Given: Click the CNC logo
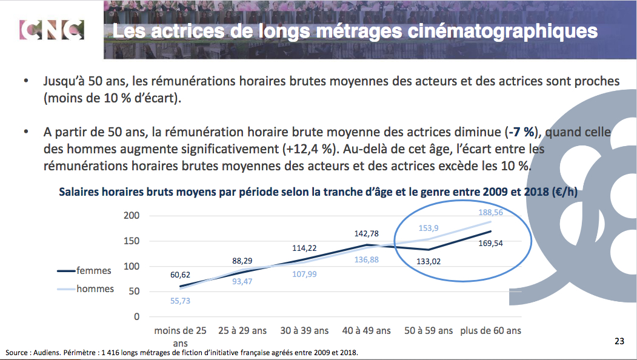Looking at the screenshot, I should (52, 30).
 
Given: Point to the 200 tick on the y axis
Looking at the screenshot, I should (132, 216).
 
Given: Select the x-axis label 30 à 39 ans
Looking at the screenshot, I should (304, 331).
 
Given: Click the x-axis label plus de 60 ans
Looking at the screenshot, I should (491, 331).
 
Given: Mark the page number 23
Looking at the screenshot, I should (619, 342).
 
